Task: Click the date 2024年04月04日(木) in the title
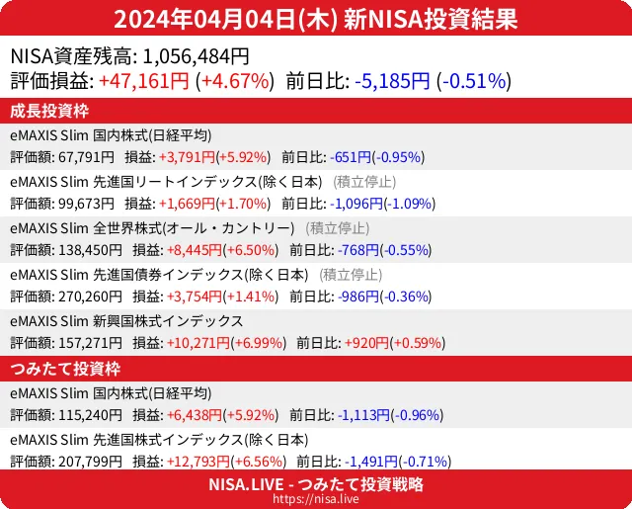coord(225,19)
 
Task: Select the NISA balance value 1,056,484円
coord(191,56)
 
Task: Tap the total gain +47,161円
coord(144,81)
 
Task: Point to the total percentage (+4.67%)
coord(235,81)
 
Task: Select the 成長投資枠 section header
coord(50,110)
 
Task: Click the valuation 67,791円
coord(91,156)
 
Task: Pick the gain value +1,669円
coord(185,204)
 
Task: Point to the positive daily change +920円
coord(365,343)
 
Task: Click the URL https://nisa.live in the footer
coord(316,500)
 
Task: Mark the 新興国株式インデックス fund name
coord(126,321)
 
